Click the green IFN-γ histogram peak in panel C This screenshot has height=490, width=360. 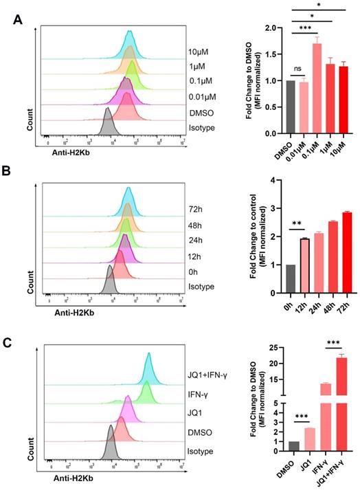[145, 393]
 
